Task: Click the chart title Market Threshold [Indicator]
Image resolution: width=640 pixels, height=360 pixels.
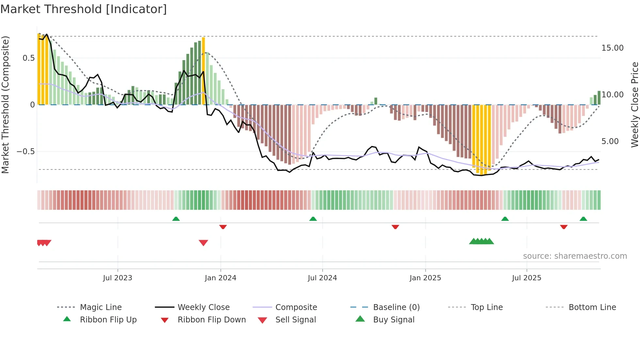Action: point(84,9)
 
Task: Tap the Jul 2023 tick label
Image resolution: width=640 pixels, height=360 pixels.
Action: point(118,278)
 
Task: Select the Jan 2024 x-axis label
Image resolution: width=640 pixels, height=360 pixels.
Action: point(220,278)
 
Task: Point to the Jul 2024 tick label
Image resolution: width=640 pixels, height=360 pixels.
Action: point(322,278)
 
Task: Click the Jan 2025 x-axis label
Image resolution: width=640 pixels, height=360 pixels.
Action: point(425,278)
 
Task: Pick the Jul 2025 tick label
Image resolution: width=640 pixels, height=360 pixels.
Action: point(526,278)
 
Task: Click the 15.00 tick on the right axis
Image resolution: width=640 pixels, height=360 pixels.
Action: point(612,48)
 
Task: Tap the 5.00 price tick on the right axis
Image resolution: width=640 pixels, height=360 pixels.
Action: point(610,141)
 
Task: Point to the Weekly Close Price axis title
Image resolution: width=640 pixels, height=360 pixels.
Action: point(634,105)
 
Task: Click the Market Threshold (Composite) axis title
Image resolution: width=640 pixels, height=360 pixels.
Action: point(5,105)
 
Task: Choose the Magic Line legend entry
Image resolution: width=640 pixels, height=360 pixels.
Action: point(101,307)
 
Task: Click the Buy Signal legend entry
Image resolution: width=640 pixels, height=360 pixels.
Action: point(393,320)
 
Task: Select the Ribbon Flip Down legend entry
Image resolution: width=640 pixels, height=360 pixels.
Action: point(211,320)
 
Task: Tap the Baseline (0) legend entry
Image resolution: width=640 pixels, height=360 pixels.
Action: point(396,307)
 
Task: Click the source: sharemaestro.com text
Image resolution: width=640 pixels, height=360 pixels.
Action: point(575,256)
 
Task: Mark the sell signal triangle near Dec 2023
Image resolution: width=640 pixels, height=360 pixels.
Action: point(203,243)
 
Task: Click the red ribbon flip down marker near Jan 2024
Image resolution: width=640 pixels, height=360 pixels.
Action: point(223,227)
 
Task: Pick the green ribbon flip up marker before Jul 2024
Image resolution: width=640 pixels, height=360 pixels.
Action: point(313,219)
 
